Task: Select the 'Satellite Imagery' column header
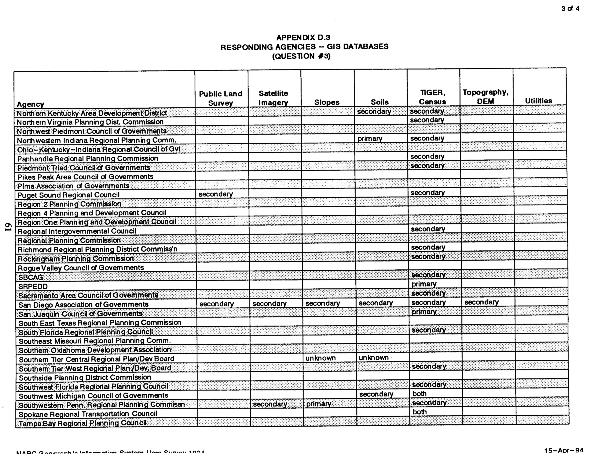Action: pyautogui.click(x=273, y=98)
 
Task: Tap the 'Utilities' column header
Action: pyautogui.click(x=538, y=101)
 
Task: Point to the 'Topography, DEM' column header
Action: pyautogui.click(x=486, y=97)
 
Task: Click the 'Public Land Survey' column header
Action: pyautogui.click(x=221, y=98)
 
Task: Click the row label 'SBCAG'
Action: pyautogui.click(x=31, y=277)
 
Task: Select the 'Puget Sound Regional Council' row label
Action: pyautogui.click(x=68, y=195)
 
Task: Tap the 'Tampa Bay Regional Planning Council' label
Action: pyautogui.click(x=82, y=423)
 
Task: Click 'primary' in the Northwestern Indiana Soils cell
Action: pyautogui.click(x=370, y=139)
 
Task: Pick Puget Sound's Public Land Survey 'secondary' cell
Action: pyautogui.click(x=216, y=194)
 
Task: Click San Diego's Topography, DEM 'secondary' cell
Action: pyautogui.click(x=481, y=302)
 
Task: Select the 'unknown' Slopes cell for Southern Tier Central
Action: pyautogui.click(x=320, y=358)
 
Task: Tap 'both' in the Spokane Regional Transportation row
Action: pyautogui.click(x=419, y=412)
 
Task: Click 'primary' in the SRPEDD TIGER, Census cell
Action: pyautogui.click(x=424, y=284)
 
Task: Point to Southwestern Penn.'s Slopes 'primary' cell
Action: pyautogui.click(x=318, y=404)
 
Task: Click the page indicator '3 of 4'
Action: pyautogui.click(x=570, y=8)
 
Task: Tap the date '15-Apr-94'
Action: pyautogui.click(x=563, y=450)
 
